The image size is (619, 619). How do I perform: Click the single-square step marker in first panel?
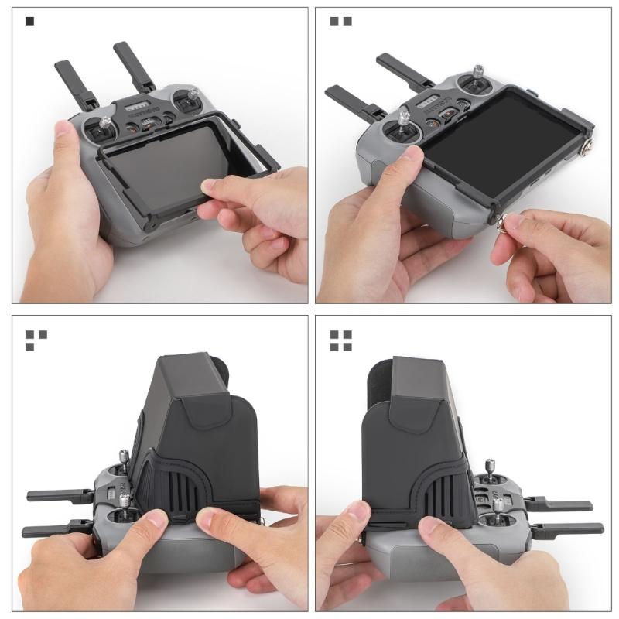pos(29,21)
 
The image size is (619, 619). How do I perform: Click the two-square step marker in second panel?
pos(340,21)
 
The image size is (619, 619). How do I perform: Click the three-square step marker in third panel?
pos(36,340)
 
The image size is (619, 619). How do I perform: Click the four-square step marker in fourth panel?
pos(341,340)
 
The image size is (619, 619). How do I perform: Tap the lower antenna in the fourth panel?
pos(569,531)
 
